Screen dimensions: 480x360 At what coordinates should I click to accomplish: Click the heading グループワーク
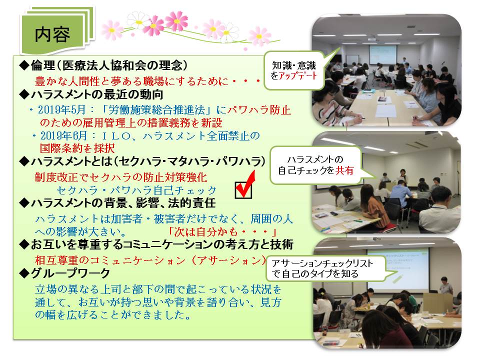click(x=64, y=273)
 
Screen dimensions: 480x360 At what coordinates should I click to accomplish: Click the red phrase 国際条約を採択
click(x=77, y=148)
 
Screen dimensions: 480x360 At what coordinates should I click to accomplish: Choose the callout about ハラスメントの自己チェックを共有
click(x=316, y=165)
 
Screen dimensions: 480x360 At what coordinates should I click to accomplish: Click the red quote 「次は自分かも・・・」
click(x=222, y=231)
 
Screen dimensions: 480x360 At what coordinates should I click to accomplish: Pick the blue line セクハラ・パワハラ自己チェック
click(x=136, y=190)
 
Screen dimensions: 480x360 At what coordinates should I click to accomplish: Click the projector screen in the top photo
click(x=382, y=55)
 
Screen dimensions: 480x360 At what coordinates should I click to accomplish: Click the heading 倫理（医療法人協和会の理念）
click(x=103, y=65)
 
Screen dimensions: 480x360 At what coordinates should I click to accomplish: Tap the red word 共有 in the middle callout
click(x=345, y=170)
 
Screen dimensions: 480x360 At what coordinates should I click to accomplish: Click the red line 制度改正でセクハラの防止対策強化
click(x=121, y=177)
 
